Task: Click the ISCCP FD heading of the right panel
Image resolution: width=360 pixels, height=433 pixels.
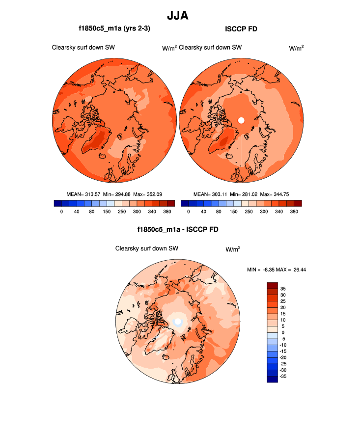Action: click(241, 29)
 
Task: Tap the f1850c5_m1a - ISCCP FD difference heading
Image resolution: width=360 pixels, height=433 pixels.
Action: click(178, 229)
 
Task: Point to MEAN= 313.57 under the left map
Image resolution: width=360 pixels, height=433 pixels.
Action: click(83, 194)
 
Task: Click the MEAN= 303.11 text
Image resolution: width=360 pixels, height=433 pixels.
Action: click(211, 194)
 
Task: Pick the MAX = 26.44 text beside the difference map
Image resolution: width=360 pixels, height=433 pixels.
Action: click(296, 270)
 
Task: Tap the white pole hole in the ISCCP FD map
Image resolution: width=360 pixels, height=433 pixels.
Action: click(241, 120)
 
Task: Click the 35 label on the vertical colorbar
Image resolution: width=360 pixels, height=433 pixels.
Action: click(283, 289)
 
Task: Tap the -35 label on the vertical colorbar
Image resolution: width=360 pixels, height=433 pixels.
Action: click(284, 376)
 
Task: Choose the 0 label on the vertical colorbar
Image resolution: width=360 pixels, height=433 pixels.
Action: click(282, 332)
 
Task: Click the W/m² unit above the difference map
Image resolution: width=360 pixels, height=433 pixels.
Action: click(233, 249)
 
